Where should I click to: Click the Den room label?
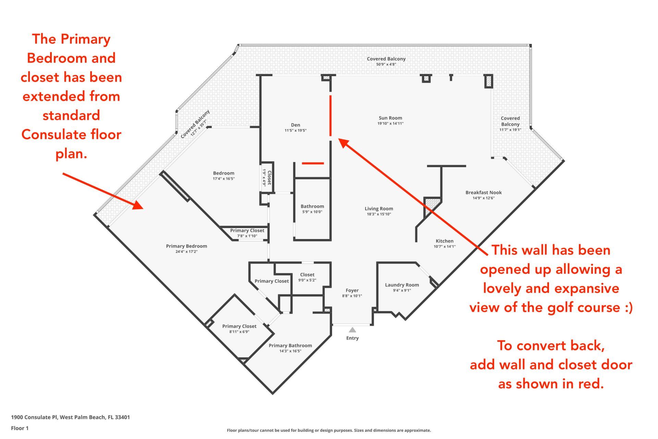[295, 125]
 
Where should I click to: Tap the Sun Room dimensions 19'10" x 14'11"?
[390, 123]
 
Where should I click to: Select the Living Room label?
[379, 209]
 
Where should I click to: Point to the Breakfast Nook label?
[484, 192]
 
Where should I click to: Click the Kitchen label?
[444, 241]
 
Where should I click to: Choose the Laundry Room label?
[402, 285]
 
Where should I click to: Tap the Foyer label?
[352, 290]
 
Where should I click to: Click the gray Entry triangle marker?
[352, 330]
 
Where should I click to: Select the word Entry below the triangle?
[352, 338]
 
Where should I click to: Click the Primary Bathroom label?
[290, 346]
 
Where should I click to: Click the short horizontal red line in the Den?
[313, 163]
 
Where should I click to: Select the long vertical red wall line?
[331, 116]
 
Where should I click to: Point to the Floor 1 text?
[20, 428]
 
